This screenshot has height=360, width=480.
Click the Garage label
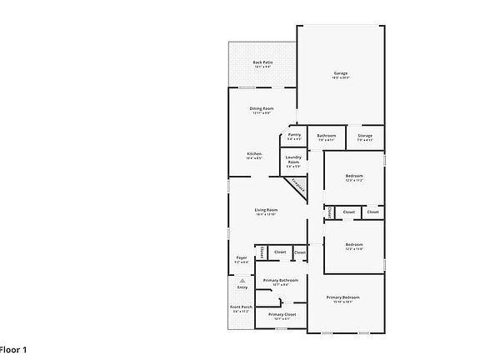(x=342, y=72)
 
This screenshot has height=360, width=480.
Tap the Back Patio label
(x=262, y=62)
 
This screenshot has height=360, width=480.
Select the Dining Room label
(x=262, y=108)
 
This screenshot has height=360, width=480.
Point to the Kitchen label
(x=254, y=153)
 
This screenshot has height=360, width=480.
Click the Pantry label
(x=294, y=134)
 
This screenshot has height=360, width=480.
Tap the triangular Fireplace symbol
(x=297, y=187)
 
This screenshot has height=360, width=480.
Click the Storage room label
(x=365, y=135)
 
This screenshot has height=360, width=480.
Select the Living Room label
(x=266, y=209)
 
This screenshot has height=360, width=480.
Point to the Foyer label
(x=242, y=258)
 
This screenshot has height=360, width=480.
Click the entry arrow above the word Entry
(x=242, y=281)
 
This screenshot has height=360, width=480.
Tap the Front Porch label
(x=242, y=307)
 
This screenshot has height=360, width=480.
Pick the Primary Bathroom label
(x=280, y=280)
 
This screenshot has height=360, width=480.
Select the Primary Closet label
(x=280, y=314)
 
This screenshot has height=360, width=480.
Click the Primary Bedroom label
(x=343, y=297)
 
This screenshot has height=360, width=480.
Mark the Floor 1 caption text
(x=13, y=349)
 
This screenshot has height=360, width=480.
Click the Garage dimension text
(x=342, y=78)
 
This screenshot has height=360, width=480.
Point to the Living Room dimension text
(x=266, y=215)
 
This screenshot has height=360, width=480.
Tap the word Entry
(x=242, y=287)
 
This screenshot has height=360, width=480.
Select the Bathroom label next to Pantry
(x=326, y=135)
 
